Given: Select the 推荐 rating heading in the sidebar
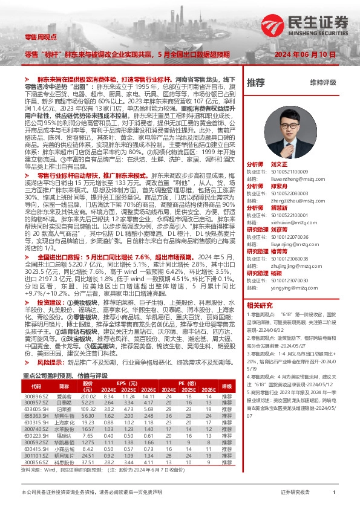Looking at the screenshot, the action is click(x=256, y=82).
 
